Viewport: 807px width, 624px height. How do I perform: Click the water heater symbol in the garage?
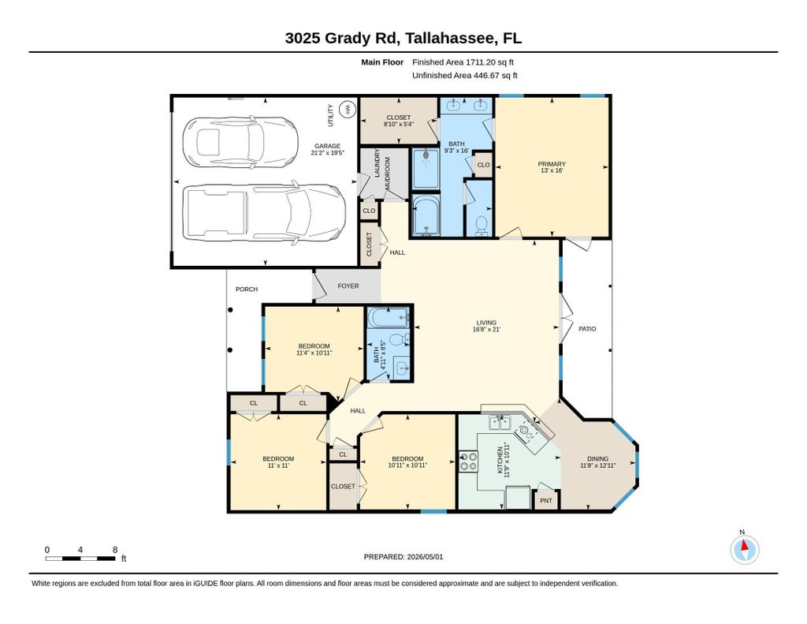pos(348,110)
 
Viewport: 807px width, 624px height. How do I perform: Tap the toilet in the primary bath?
pos(482,225)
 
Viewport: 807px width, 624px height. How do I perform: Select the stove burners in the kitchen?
pos(468,461)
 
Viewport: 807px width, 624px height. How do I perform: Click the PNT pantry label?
pos(546,501)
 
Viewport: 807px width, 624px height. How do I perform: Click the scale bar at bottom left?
pos(81,559)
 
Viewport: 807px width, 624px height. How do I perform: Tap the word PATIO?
pos(587,329)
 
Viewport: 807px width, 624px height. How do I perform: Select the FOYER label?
pos(348,286)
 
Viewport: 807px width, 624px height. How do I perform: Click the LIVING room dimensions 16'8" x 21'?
pos(486,329)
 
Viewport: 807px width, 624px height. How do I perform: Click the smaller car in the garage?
pos(240,142)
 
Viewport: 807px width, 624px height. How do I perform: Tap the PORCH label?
pos(247,290)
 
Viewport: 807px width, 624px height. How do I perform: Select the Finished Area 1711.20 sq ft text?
pos(463,62)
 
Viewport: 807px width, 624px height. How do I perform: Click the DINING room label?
pos(597,458)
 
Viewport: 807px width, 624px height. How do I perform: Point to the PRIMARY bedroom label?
pos(552,164)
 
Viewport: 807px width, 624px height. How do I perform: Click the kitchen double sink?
pos(499,423)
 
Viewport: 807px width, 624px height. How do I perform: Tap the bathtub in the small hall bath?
pos(388,317)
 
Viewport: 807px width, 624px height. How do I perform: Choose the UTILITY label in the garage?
pos(330,115)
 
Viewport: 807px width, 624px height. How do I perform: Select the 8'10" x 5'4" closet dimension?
pos(398,124)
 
